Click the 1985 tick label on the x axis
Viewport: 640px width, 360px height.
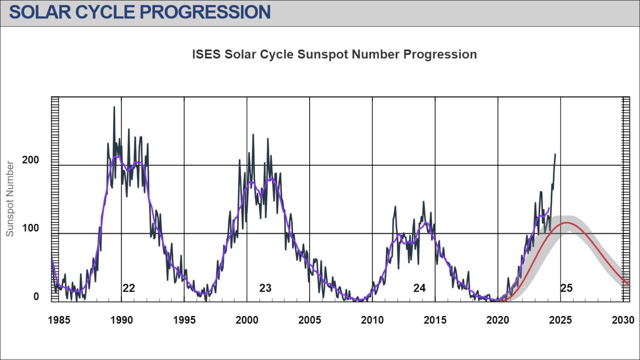click(x=59, y=320)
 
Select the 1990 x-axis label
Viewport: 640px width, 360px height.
click(x=122, y=320)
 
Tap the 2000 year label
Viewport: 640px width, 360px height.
click(x=247, y=320)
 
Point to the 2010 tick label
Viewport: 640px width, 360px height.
click(x=372, y=320)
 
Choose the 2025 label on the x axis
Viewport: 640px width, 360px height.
click(x=560, y=320)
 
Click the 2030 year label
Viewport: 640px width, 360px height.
click(x=623, y=320)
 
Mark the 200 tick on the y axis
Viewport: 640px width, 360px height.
click(x=30, y=160)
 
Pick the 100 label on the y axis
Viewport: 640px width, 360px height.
click(x=30, y=228)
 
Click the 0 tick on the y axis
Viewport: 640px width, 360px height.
click(x=36, y=296)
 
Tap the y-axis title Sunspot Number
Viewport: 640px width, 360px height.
click(x=10, y=199)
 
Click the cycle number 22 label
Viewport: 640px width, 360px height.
click(x=129, y=288)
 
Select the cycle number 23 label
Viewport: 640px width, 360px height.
click(x=265, y=288)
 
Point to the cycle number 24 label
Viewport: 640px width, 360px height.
click(x=419, y=288)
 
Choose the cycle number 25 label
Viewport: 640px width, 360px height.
click(x=566, y=288)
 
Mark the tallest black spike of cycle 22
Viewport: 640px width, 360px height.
click(x=114, y=107)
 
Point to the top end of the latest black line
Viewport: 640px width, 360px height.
click(x=555, y=154)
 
